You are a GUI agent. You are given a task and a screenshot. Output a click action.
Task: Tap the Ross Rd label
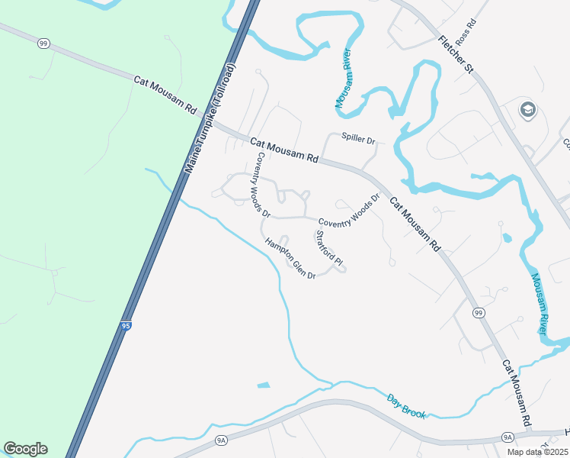point(465,33)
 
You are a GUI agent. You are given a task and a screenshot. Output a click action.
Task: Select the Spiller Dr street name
point(358,140)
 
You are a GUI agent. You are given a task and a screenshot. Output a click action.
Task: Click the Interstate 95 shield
point(126,326)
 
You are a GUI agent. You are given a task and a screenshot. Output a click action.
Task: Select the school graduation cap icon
point(527,111)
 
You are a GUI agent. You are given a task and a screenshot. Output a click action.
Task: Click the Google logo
point(25,449)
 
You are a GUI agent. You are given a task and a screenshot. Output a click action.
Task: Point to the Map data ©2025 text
point(536,452)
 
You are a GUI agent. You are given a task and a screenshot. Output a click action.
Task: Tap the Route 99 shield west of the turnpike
point(43,44)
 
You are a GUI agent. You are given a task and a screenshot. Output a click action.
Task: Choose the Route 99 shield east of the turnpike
point(479,313)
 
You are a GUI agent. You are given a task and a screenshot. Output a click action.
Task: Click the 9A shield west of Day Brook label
point(222,440)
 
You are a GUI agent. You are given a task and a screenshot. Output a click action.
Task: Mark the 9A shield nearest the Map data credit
point(508,437)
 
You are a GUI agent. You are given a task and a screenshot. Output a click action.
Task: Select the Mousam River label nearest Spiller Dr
point(342,80)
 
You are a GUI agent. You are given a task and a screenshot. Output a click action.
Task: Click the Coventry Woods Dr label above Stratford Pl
point(348,211)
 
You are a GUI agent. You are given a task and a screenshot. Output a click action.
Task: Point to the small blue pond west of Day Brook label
point(264,384)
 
